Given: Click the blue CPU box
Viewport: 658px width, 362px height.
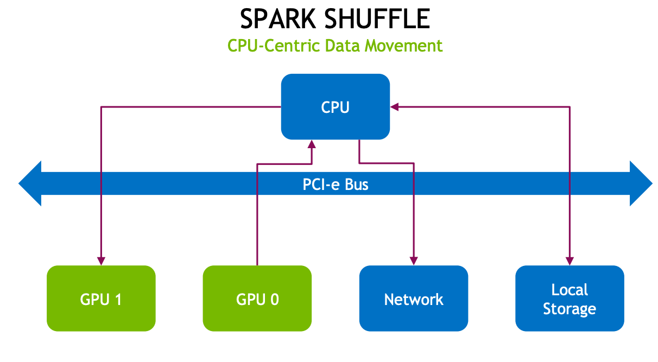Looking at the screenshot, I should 335,106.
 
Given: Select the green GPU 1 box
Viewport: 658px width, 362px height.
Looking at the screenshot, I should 101,299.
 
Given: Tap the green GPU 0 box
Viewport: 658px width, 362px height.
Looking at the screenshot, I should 257,299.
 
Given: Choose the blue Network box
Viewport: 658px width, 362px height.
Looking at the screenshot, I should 413,299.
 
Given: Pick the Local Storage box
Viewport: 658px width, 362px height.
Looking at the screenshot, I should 570,299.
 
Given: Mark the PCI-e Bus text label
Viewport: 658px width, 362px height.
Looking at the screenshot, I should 335,185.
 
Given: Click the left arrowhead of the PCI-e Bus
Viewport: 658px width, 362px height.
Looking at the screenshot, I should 30,183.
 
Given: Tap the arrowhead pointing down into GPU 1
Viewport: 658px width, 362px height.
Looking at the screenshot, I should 101,260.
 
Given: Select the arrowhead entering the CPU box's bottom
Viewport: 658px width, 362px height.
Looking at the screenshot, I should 312,144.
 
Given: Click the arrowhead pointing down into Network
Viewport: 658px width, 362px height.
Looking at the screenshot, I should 414,260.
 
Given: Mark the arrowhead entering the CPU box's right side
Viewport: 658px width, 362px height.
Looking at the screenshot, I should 395,107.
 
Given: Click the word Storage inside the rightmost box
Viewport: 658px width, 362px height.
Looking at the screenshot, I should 570,309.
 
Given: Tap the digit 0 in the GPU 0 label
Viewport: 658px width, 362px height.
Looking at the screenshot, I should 275,299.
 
